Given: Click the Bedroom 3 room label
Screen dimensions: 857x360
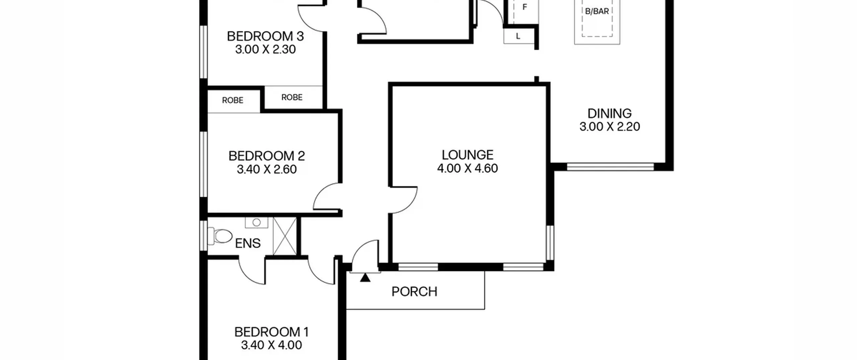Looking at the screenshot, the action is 265,36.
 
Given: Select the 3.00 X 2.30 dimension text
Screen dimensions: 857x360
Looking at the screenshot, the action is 265,50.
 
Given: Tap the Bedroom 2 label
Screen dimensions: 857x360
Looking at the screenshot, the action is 266,156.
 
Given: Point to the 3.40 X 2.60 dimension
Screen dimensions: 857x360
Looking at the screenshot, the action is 266,169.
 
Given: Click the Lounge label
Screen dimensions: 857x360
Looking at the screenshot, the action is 467,155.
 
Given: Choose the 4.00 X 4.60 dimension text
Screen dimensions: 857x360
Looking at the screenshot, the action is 467,168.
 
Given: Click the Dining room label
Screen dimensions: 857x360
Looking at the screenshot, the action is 610,114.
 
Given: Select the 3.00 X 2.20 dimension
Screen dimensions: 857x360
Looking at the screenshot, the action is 610,127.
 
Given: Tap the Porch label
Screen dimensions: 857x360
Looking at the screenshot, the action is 414,292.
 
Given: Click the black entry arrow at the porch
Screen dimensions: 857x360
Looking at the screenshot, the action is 365,278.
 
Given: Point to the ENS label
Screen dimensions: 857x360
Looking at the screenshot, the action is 248,243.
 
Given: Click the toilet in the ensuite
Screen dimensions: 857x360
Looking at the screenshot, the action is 220,236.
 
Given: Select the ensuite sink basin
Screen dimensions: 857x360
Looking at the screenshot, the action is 256,222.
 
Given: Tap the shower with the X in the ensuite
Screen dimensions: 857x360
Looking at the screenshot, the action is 285,236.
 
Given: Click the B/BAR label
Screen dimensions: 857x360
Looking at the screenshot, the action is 597,11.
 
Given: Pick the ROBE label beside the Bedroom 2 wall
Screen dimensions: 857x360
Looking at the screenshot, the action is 233,100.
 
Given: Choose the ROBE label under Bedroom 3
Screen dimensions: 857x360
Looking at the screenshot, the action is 292,97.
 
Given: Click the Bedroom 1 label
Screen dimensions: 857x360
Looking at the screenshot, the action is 271,332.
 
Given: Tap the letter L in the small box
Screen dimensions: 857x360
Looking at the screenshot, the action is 518,36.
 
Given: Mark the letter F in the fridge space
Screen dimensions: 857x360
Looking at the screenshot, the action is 525,7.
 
